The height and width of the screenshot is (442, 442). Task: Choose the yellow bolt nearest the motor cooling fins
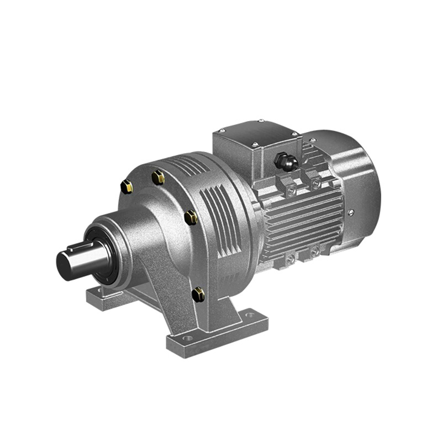pos(192,217)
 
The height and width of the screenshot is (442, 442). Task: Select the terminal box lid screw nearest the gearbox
pos(222,130)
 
